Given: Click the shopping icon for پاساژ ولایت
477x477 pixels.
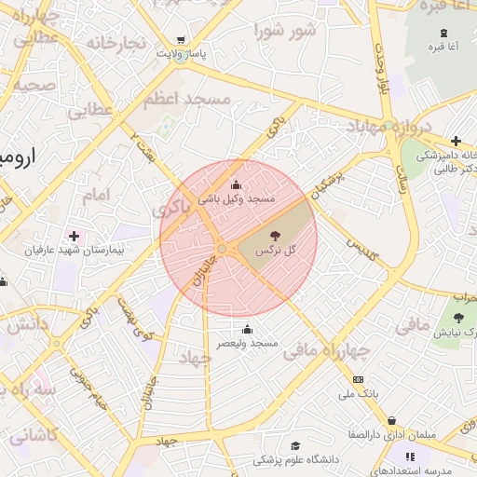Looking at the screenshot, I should (x=181, y=40).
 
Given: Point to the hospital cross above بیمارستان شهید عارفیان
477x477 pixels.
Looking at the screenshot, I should (x=74, y=236).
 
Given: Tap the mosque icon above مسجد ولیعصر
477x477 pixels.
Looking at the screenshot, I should (x=247, y=329).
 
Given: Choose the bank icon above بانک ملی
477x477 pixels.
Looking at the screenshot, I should (x=358, y=379).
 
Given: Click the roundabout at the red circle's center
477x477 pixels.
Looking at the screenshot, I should (x=223, y=248).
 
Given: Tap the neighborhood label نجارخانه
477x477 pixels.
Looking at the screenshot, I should (x=116, y=44).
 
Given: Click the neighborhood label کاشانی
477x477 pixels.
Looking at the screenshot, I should (x=33, y=435).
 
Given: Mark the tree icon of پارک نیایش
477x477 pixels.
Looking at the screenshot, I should (x=457, y=319).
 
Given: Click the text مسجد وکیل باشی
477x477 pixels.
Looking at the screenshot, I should (x=237, y=198).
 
